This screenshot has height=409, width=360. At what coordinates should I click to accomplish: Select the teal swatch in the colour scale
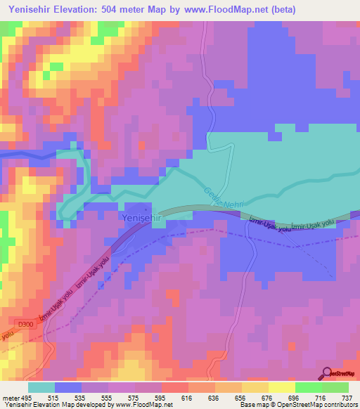(x=41, y=387)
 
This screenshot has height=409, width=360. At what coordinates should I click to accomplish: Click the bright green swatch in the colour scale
(x=308, y=387)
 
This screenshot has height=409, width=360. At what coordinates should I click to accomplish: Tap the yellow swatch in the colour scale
(x=281, y=387)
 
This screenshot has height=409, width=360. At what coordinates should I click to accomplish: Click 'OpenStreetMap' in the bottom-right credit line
(x=317, y=405)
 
